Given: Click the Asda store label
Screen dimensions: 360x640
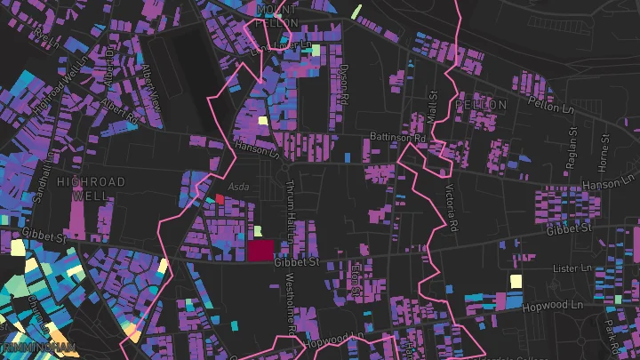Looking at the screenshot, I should coord(239,187).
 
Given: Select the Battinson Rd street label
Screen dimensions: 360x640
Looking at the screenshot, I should coord(396,139).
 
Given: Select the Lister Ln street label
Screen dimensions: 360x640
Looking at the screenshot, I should coord(572,267).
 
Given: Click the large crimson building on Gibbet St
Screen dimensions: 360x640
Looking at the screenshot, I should coord(260,250).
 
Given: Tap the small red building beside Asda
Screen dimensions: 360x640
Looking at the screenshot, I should coord(220,199).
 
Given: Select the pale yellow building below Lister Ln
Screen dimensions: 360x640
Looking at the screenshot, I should coord(515,282).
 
